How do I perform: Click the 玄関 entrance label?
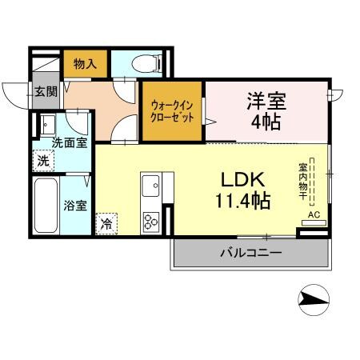click(x=45, y=91)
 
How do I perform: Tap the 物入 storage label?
click(x=85, y=63)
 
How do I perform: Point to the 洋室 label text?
click(x=266, y=102)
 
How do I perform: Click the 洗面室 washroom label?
click(x=69, y=142)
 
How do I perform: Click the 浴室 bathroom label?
click(x=74, y=204)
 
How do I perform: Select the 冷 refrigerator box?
click(x=106, y=223)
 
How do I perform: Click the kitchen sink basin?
click(x=150, y=188)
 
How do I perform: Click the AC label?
click(x=314, y=215)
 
